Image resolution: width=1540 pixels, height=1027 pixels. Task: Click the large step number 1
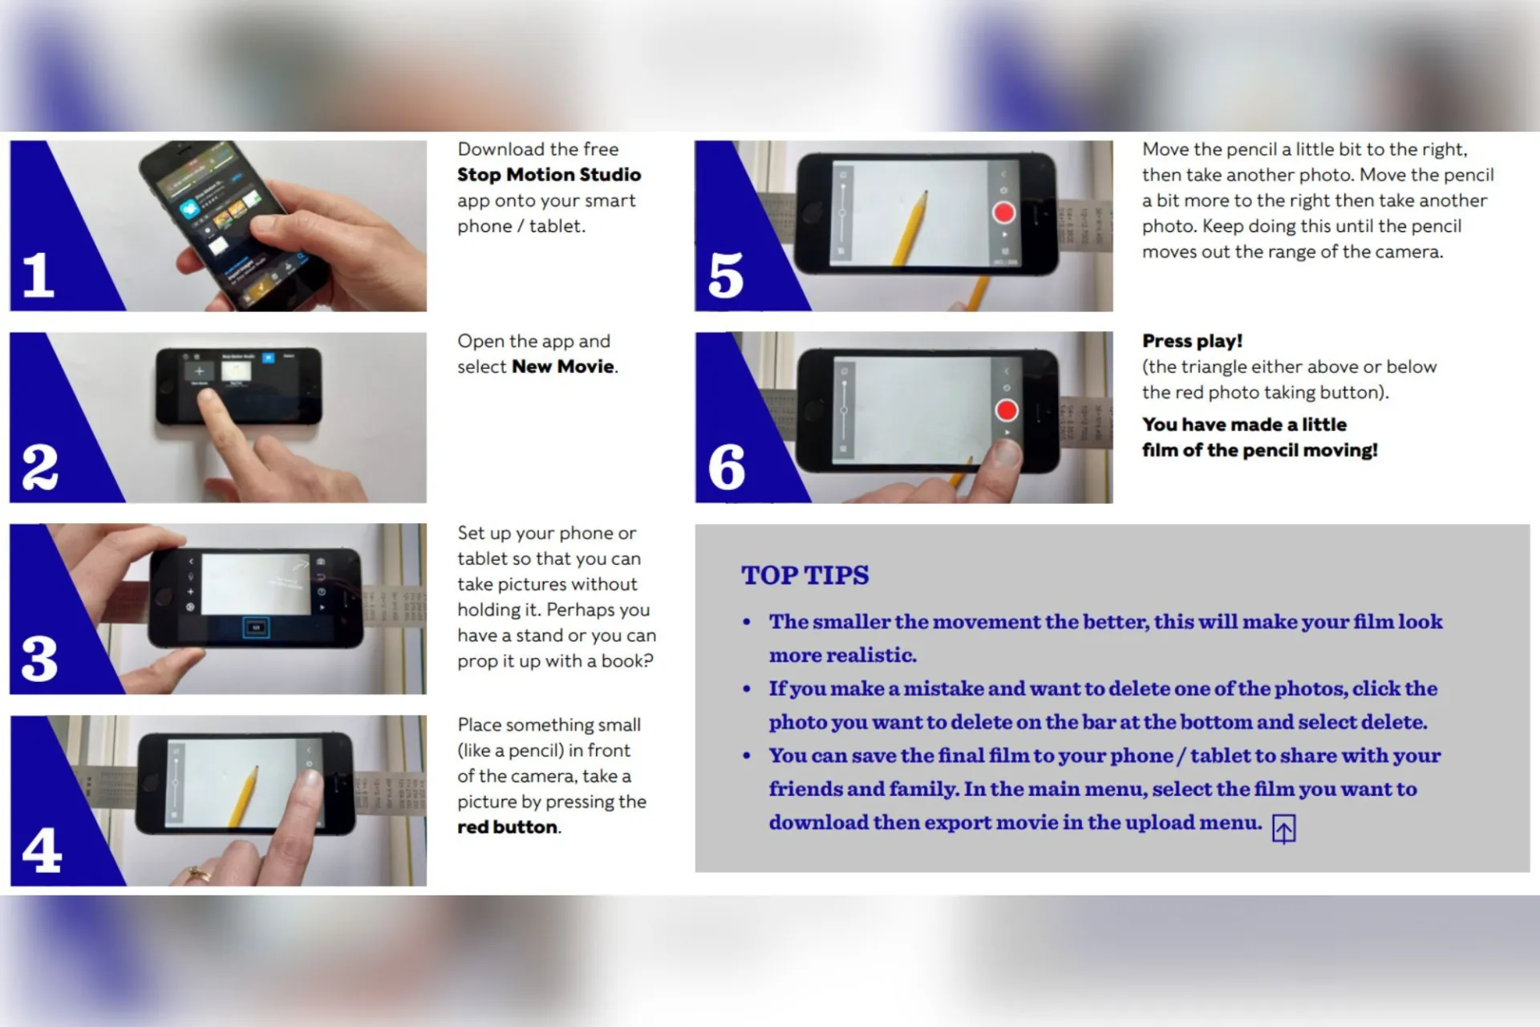38,274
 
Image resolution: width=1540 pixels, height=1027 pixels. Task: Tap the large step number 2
40,466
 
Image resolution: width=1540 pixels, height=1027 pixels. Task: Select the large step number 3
40,659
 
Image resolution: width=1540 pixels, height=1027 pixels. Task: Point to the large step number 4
42,850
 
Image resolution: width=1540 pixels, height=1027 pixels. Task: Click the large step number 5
726,275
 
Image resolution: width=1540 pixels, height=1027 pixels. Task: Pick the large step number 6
727,467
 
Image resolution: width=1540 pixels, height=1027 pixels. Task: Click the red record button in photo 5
1003,213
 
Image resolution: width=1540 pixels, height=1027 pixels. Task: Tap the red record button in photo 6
1006,410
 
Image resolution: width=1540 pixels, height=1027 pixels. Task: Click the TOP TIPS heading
804,575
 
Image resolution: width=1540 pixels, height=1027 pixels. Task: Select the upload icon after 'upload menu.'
1283,829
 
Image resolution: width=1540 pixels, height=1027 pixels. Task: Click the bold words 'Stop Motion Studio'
549,175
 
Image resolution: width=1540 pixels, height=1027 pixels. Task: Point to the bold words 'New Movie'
563,367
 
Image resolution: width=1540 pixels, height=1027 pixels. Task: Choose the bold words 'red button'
508,827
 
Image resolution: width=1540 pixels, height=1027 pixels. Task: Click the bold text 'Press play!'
1192,341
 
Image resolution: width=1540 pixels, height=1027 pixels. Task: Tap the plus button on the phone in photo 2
199,371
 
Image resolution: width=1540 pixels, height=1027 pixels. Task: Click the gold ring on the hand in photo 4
195,873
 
